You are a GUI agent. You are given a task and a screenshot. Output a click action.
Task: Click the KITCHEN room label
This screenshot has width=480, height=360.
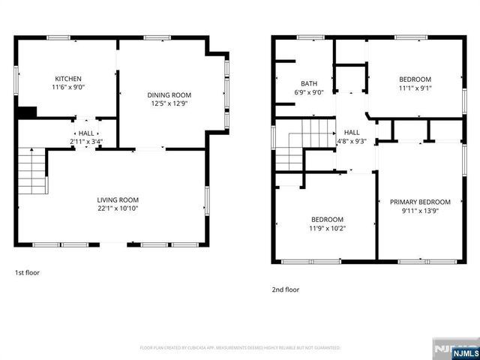(x=67, y=79)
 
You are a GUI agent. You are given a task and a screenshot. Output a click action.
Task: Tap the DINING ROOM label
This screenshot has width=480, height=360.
(x=169, y=95)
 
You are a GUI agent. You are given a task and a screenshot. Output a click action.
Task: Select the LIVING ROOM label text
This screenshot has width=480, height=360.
(x=118, y=199)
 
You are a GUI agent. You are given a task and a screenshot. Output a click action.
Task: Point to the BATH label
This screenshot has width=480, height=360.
(x=310, y=84)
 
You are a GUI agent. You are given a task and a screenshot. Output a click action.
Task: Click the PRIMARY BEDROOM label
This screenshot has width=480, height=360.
(x=420, y=202)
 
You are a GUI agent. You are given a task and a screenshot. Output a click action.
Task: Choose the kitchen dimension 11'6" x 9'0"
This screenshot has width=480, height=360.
(x=67, y=88)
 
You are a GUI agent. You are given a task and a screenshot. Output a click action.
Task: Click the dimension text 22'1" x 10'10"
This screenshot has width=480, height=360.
(x=118, y=208)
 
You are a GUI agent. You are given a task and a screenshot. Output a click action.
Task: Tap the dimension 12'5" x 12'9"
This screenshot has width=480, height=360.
(x=169, y=104)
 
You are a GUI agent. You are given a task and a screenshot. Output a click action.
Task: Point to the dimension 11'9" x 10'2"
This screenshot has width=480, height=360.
(x=328, y=228)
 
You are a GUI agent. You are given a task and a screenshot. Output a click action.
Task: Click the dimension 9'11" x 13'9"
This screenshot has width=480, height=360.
(x=420, y=211)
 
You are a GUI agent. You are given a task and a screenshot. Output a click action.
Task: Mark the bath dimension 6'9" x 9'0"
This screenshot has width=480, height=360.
(x=310, y=93)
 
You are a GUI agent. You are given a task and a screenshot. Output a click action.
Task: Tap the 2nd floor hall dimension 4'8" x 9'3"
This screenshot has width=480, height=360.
(x=352, y=140)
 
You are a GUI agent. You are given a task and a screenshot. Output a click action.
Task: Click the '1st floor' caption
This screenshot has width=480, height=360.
(x=27, y=273)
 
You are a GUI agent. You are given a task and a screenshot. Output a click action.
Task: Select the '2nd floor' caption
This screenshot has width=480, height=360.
(x=285, y=289)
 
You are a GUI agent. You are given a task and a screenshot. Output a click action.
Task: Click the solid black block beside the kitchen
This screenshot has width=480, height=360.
(x=26, y=112)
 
